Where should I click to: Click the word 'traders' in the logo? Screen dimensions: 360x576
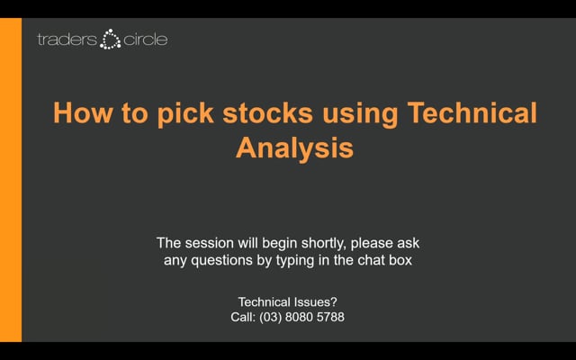click(x=67, y=40)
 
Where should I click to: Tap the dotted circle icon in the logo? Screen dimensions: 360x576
click(x=111, y=40)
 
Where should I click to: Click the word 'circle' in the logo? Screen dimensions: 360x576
click(x=144, y=40)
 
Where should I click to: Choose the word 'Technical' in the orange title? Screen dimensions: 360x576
click(x=472, y=114)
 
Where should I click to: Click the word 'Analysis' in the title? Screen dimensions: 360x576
click(x=294, y=148)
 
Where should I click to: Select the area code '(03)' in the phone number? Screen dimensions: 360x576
click(x=278, y=318)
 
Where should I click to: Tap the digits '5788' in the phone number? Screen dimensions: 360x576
click(x=329, y=318)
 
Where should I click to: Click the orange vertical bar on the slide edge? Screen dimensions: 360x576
click(x=11, y=180)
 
